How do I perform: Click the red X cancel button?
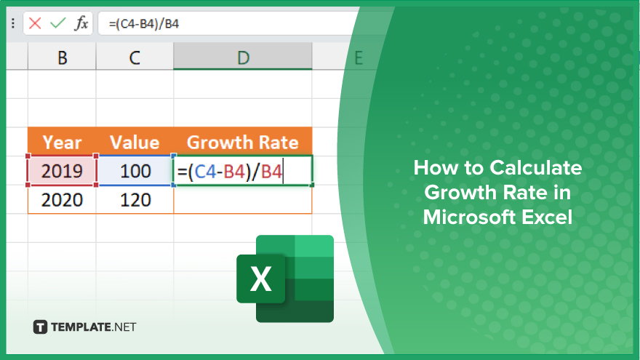coord(35,23)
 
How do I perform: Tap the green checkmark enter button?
coord(58,23)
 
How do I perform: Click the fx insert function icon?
coord(81,23)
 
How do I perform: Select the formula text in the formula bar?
coord(144,24)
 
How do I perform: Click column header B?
coord(62,57)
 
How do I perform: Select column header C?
coord(135,57)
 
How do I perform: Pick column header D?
coord(243,57)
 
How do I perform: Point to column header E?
coord(359,57)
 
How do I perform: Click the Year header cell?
coord(62,142)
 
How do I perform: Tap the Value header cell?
coord(135,142)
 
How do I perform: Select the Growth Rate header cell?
coord(243,142)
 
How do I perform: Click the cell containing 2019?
coord(62,171)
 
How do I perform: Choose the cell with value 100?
coord(135,171)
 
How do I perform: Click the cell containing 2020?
coord(62,199)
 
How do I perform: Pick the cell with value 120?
coord(135,199)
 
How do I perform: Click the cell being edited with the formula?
coord(243,171)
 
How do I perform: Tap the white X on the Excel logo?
coord(261,279)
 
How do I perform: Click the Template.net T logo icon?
coord(40,327)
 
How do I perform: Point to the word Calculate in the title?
coord(536,168)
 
